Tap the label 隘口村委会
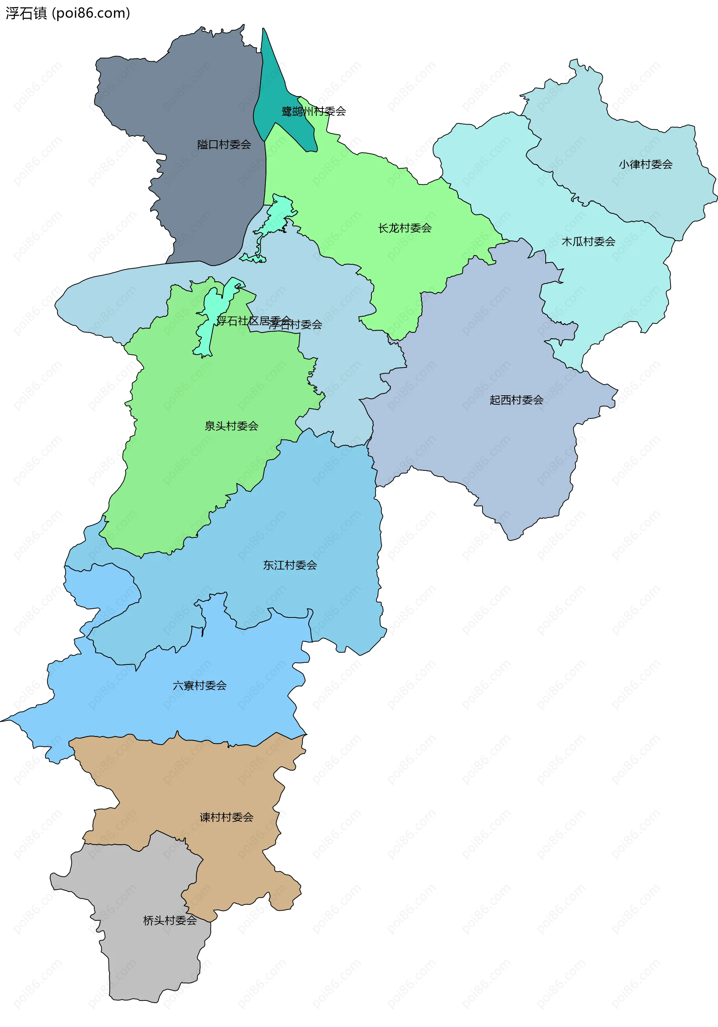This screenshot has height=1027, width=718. coord(224,144)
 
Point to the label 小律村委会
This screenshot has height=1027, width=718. coord(645,165)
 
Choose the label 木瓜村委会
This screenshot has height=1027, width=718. coord(588,242)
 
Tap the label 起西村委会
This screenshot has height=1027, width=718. coord(516,400)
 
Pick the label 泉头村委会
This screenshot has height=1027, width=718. coord(231,426)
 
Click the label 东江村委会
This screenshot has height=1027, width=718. coord(289,565)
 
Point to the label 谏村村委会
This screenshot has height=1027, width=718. coord(226,817)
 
